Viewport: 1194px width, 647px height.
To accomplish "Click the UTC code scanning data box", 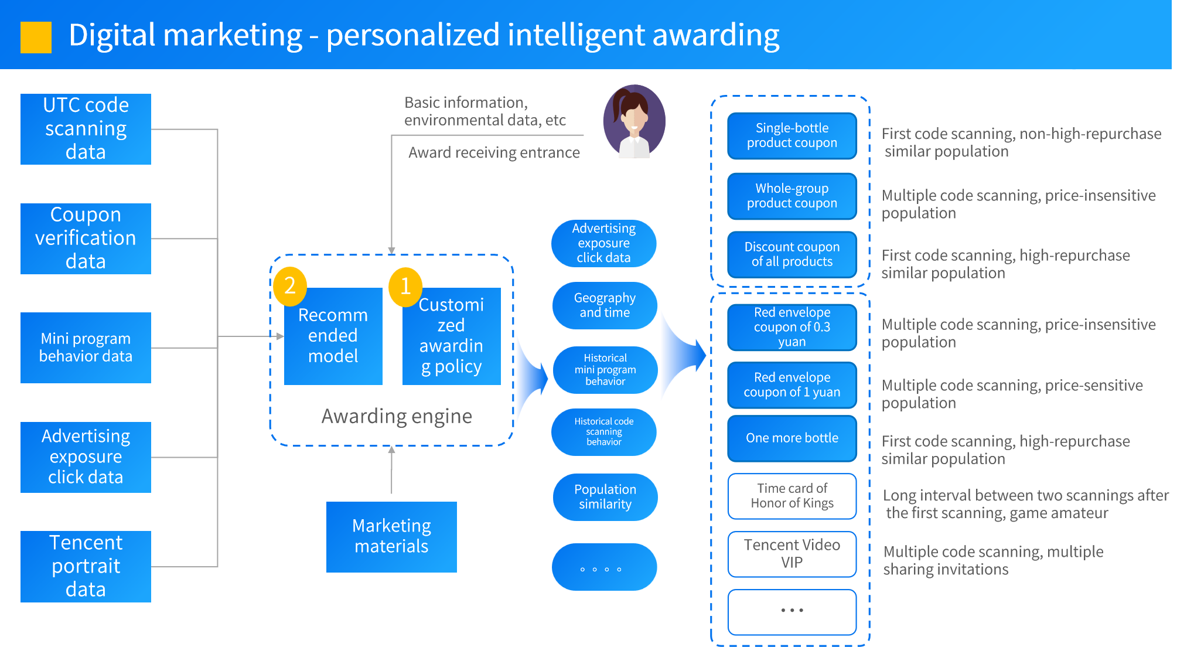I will pos(86,129).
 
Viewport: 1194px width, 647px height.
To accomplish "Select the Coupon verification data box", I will pos(86,239).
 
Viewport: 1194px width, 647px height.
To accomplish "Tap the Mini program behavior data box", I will pos(86,348).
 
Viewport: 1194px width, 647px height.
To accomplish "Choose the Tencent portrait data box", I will pos(86,566).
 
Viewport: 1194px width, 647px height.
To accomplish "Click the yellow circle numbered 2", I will pos(289,286).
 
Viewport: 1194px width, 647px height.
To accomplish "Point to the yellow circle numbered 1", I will pos(405,287).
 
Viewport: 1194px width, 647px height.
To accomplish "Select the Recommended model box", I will pos(333,336).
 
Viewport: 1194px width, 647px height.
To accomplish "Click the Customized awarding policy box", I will pos(451,336).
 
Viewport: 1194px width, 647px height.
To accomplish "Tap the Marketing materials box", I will pos(391,536).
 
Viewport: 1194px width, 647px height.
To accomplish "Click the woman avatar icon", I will pos(634,121).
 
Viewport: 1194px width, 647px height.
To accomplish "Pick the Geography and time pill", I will pos(605,305).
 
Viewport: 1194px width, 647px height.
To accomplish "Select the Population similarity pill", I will pos(605,497).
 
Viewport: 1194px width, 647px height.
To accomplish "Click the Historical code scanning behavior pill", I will pos(604,432).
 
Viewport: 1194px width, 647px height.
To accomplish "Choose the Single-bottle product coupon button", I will pos(792,136).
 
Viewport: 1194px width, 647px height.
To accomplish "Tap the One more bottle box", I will pos(792,438).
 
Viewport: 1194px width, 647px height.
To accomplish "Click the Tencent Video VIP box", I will pos(792,554).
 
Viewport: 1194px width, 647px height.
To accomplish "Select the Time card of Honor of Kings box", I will pos(792,496).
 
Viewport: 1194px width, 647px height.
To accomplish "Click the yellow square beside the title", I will pos(36,38).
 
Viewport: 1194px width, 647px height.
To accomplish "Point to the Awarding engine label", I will pos(397,416).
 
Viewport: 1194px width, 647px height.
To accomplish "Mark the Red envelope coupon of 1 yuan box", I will pos(792,385).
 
